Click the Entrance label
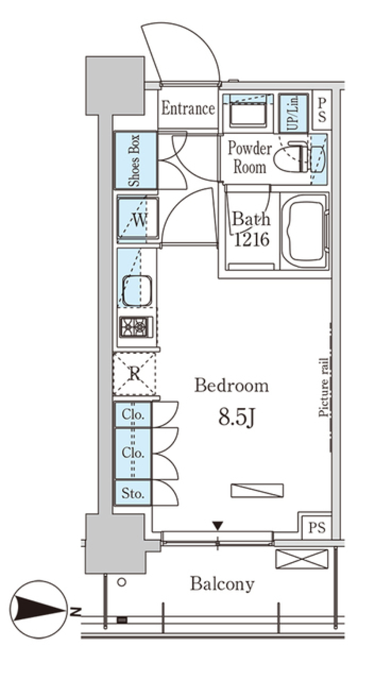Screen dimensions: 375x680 tap(188, 109)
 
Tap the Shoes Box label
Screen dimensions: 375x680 tap(135, 160)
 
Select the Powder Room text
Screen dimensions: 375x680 tap(250, 158)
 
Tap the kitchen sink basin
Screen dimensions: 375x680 tap(137, 291)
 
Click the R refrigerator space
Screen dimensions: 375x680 tap(134, 374)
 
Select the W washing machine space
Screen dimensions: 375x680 tap(138, 220)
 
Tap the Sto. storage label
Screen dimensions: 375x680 tap(133, 493)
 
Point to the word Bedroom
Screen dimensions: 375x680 tap(232, 386)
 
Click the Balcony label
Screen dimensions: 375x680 tap(222, 584)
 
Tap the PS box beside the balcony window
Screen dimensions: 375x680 tap(316, 528)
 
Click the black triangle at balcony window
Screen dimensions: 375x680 tap(218, 526)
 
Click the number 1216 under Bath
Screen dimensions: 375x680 tap(252, 239)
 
